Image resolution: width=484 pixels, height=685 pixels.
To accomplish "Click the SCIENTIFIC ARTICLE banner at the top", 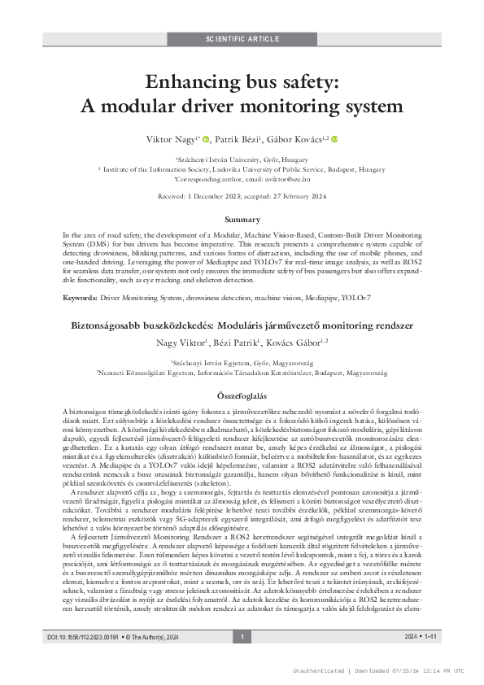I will [x=242, y=38].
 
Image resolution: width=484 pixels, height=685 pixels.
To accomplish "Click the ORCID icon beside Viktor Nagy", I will [x=206, y=140].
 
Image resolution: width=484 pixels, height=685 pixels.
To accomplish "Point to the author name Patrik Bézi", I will [x=238, y=140].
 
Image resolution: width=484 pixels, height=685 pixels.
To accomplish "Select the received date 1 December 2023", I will [x=231, y=196].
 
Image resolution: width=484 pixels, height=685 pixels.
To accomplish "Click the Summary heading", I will [x=242, y=220].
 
